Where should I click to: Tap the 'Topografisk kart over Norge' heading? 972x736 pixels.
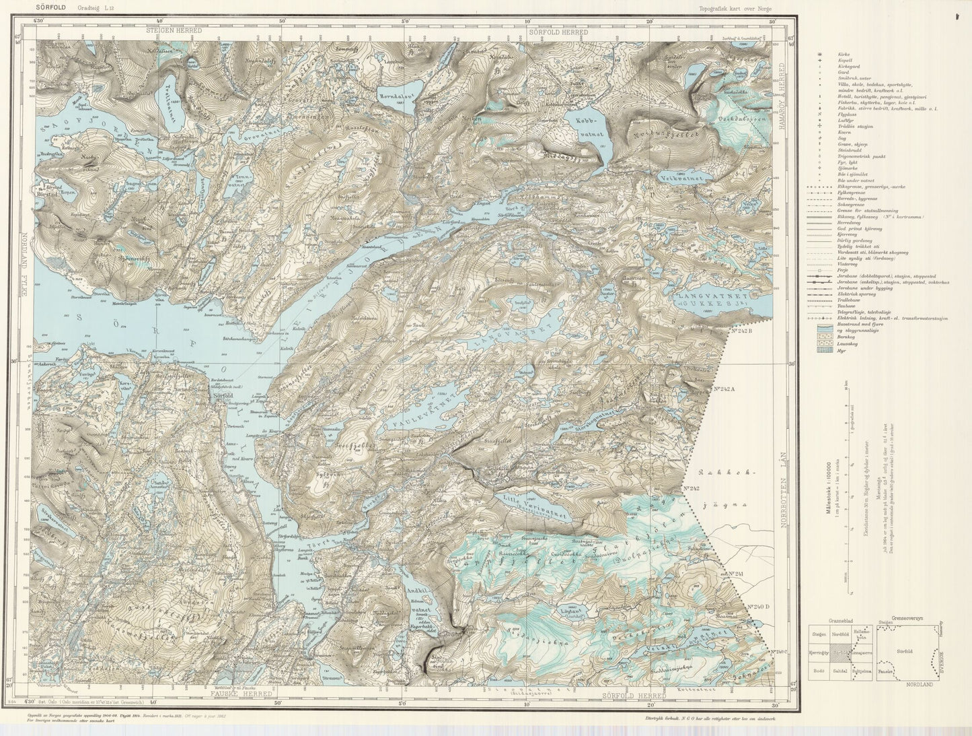(x=736, y=8)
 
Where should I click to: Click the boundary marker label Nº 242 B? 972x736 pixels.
(x=744, y=331)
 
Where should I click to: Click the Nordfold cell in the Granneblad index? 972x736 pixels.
(x=840, y=634)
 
